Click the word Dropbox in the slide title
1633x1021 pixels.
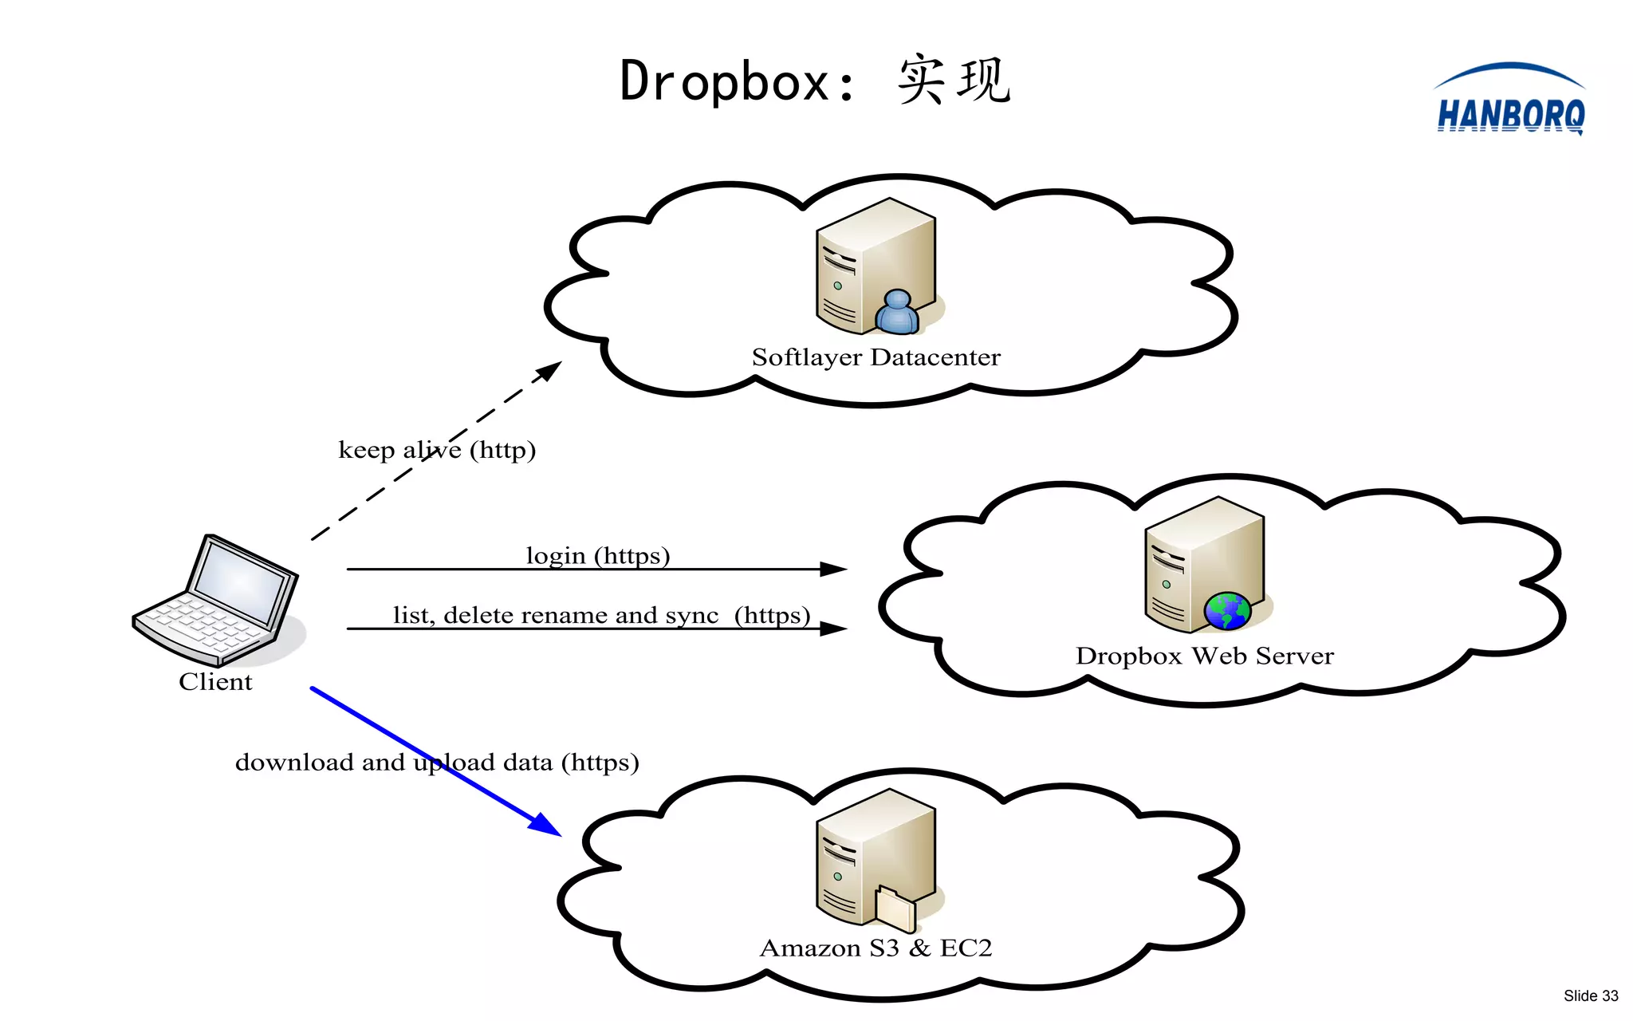pyautogui.click(x=726, y=81)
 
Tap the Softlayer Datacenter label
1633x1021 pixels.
pyautogui.click(x=876, y=357)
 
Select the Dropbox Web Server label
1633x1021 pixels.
pyautogui.click(x=1204, y=656)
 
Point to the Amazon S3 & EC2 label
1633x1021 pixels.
pyautogui.click(x=876, y=948)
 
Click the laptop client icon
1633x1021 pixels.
pyautogui.click(x=217, y=600)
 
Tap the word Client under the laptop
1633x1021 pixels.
pyautogui.click(x=215, y=682)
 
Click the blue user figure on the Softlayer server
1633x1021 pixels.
pyautogui.click(x=898, y=312)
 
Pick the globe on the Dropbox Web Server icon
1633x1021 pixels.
pyautogui.click(x=1227, y=611)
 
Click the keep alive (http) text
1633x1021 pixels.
pyautogui.click(x=437, y=450)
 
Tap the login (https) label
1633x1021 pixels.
pyautogui.click(x=598, y=555)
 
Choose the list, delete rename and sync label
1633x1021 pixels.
pyautogui.click(x=601, y=615)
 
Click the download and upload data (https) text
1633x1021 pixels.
pyautogui.click(x=437, y=763)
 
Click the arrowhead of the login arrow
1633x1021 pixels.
pyautogui.click(x=834, y=569)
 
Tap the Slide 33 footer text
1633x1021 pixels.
pyautogui.click(x=1590, y=995)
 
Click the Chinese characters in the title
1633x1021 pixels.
pyautogui.click(x=954, y=80)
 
